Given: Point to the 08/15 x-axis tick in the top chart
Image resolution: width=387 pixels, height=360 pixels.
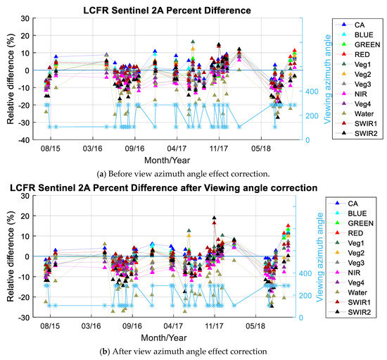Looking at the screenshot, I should click(x=51, y=149).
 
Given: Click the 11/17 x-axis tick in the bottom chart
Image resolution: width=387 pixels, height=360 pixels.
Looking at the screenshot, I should click(x=215, y=328).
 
